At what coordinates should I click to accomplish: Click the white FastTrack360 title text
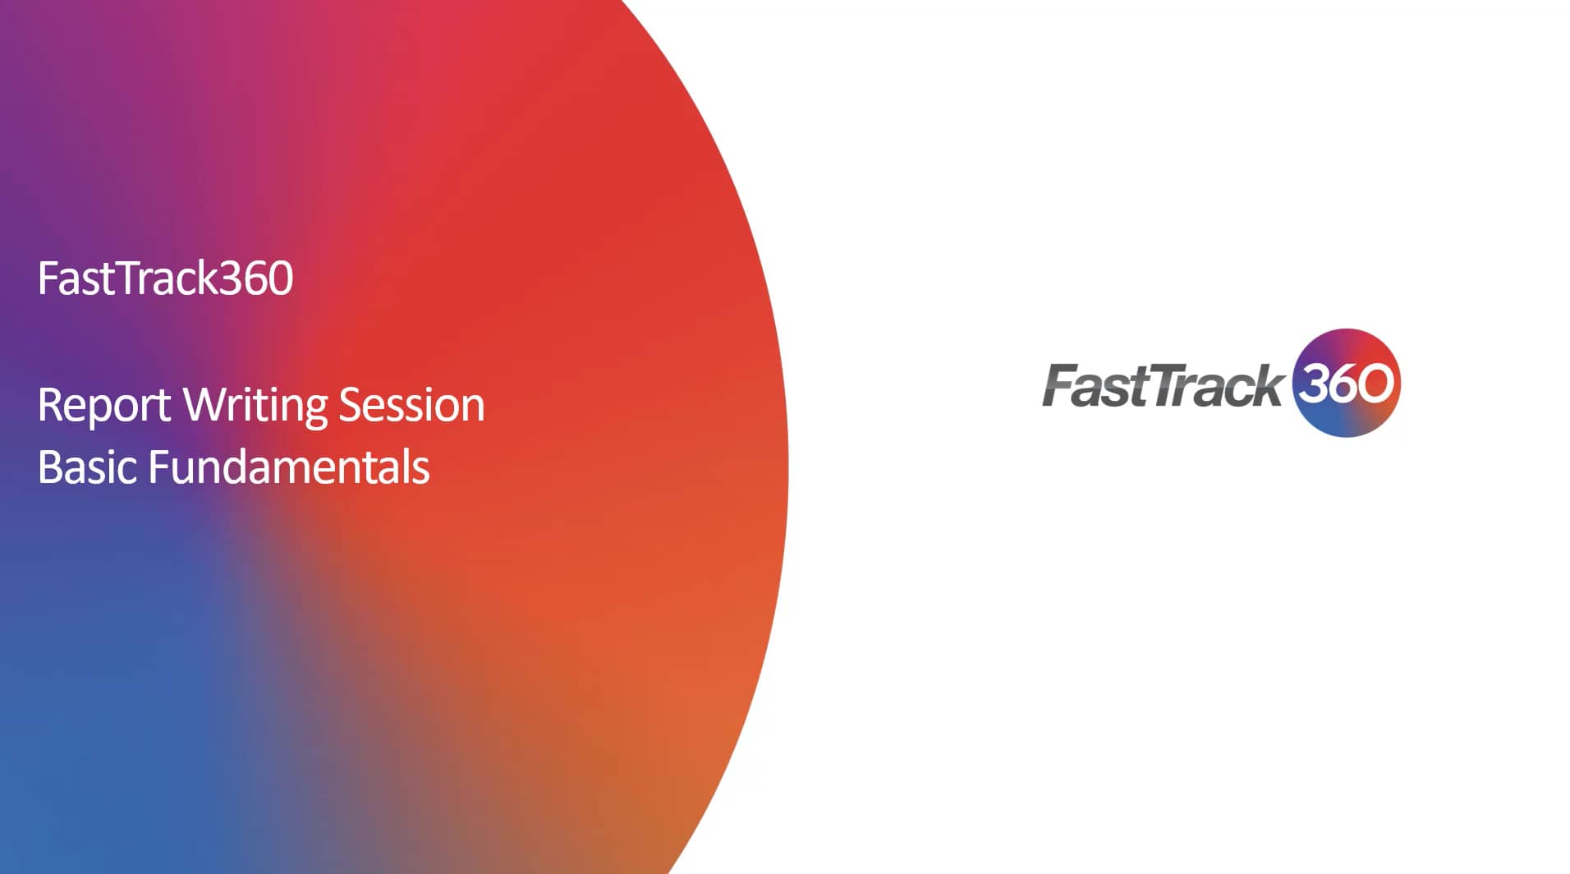click(x=165, y=278)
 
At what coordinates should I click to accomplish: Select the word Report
click(x=104, y=406)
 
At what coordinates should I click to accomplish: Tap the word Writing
click(x=255, y=406)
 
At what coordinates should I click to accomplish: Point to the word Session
click(x=411, y=406)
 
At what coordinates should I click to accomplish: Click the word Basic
click(x=86, y=467)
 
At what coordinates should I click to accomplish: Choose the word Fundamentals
click(x=289, y=467)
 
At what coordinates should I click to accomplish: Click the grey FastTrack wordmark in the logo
click(x=1162, y=386)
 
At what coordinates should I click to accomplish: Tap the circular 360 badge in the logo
click(x=1346, y=383)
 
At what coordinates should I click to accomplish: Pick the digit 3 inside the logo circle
click(x=1311, y=383)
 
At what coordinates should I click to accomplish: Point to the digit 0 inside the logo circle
click(x=1376, y=384)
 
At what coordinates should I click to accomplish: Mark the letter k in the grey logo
click(x=1264, y=385)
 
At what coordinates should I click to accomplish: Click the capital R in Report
click(x=50, y=406)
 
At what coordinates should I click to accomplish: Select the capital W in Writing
click(x=200, y=405)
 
